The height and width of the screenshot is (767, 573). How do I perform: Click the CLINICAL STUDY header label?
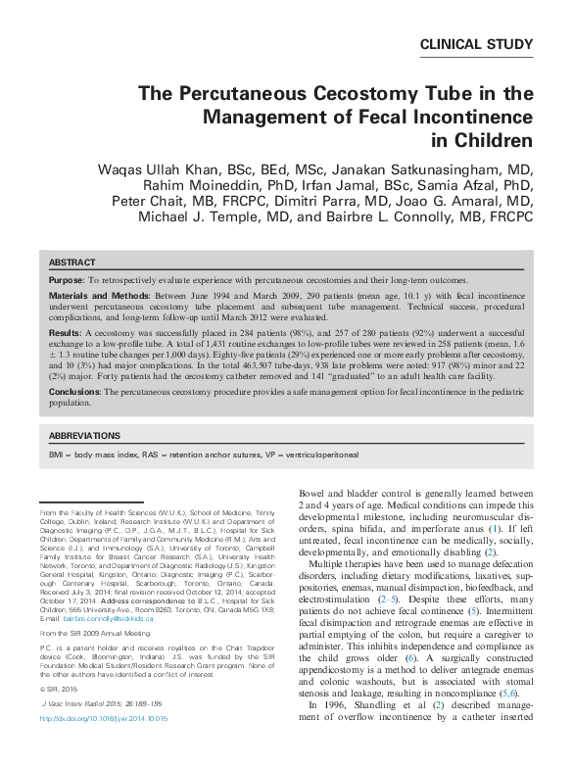[x=476, y=44]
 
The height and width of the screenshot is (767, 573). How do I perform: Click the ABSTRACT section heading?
[x=72, y=263]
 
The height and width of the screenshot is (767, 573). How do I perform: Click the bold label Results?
[x=65, y=334]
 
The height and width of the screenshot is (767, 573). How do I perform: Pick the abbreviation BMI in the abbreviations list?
[x=58, y=455]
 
